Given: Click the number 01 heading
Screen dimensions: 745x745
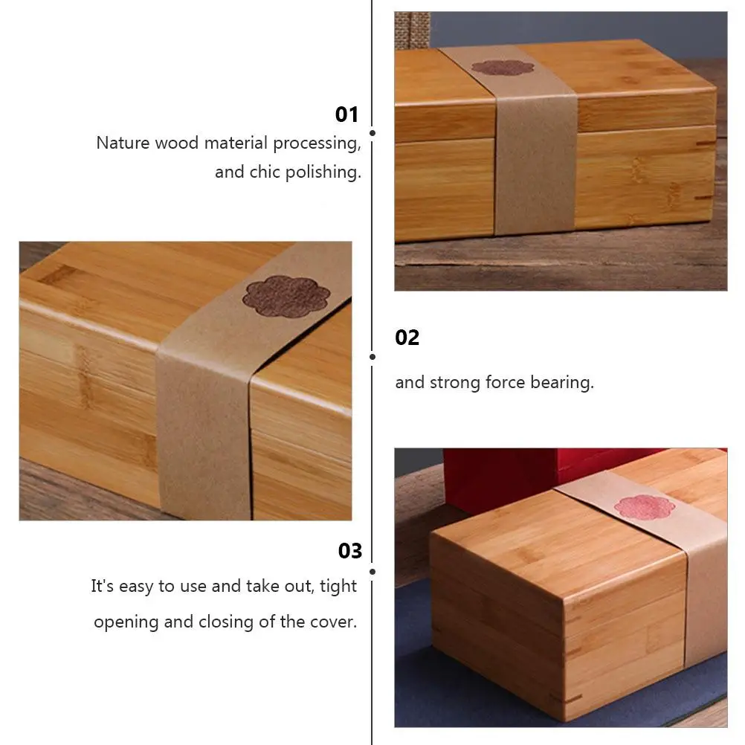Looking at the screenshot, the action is click(346, 115).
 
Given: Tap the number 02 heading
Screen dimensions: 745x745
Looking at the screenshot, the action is click(407, 338).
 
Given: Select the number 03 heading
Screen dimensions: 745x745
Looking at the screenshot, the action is click(350, 551).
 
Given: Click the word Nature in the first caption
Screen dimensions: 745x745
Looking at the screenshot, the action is click(123, 143).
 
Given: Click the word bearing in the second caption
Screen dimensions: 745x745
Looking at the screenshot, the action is click(562, 382).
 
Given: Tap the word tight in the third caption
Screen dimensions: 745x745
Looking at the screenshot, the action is click(338, 587).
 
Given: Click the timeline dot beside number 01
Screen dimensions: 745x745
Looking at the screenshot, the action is click(372, 133).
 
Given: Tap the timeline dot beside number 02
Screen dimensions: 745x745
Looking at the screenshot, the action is click(372, 357).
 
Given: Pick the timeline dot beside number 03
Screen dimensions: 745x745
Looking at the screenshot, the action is click(372, 572).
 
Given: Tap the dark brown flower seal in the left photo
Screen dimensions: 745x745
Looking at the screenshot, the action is click(286, 297).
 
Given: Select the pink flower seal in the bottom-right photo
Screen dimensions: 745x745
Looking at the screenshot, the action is click(645, 507).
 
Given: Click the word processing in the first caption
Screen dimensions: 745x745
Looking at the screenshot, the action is click(317, 143).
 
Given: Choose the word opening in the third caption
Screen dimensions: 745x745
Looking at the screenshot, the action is click(126, 622).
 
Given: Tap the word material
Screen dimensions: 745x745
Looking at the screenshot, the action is click(236, 143).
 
